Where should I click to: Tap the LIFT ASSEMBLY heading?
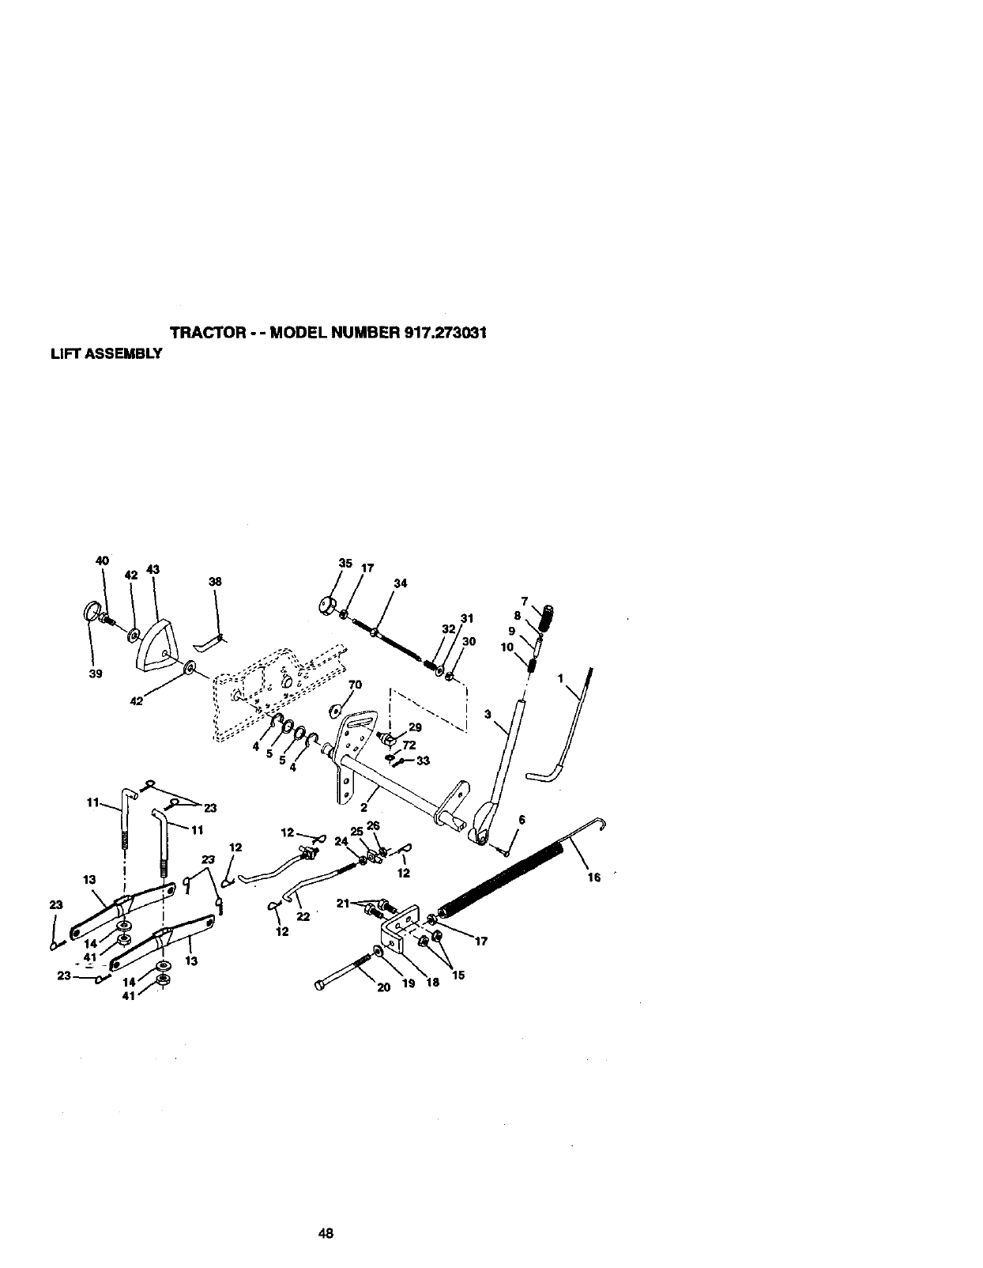(107, 353)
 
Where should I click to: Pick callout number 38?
(215, 581)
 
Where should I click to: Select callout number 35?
(345, 563)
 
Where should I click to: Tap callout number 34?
(400, 583)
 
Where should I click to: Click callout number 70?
(354, 685)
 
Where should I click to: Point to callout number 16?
(594, 877)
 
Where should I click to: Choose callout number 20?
(384, 987)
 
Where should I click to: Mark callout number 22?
(303, 916)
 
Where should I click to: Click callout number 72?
(409, 745)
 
